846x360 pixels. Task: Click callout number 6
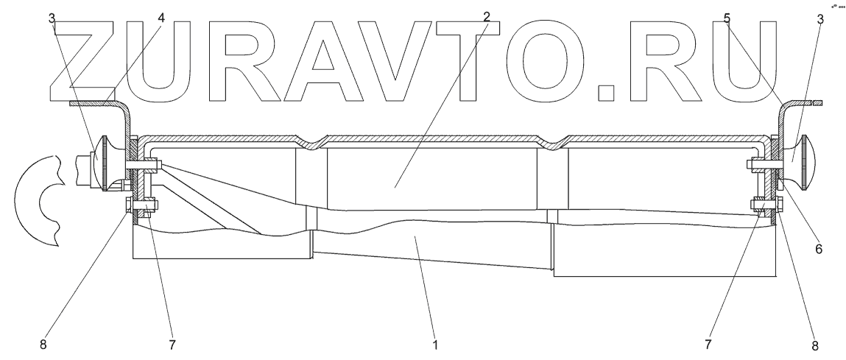[819, 249]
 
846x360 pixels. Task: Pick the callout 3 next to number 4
[52, 16]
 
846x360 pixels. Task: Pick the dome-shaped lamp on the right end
[798, 160]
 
